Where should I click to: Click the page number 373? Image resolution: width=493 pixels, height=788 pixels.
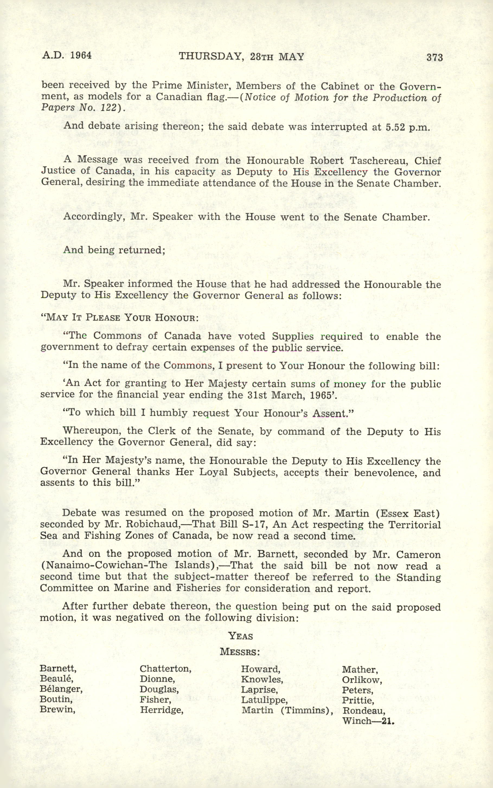[x=434, y=58]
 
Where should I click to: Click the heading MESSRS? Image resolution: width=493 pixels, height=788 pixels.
[x=240, y=652]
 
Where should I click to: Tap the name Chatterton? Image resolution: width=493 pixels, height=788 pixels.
[x=165, y=669]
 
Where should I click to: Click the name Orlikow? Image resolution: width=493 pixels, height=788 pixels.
[x=362, y=680]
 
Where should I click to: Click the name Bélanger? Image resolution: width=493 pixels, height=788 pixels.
[x=61, y=689]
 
